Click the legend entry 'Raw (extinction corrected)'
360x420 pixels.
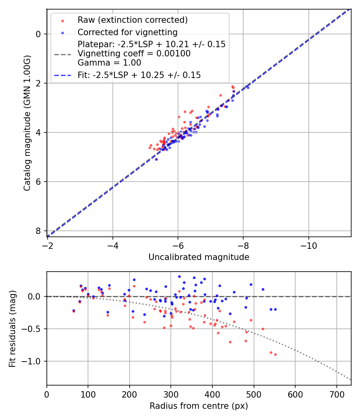132,20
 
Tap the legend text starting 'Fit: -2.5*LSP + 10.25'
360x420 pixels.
139,75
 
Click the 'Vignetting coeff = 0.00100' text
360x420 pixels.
134,53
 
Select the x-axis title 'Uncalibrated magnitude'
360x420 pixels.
199,257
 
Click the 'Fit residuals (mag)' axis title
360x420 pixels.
12,329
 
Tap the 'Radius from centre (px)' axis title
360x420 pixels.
199,406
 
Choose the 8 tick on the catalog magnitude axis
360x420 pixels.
38,231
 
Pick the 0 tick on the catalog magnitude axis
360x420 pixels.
38,34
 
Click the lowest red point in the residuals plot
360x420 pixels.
275,354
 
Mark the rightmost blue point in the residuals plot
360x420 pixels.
275,309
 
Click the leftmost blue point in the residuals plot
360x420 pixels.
74,310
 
